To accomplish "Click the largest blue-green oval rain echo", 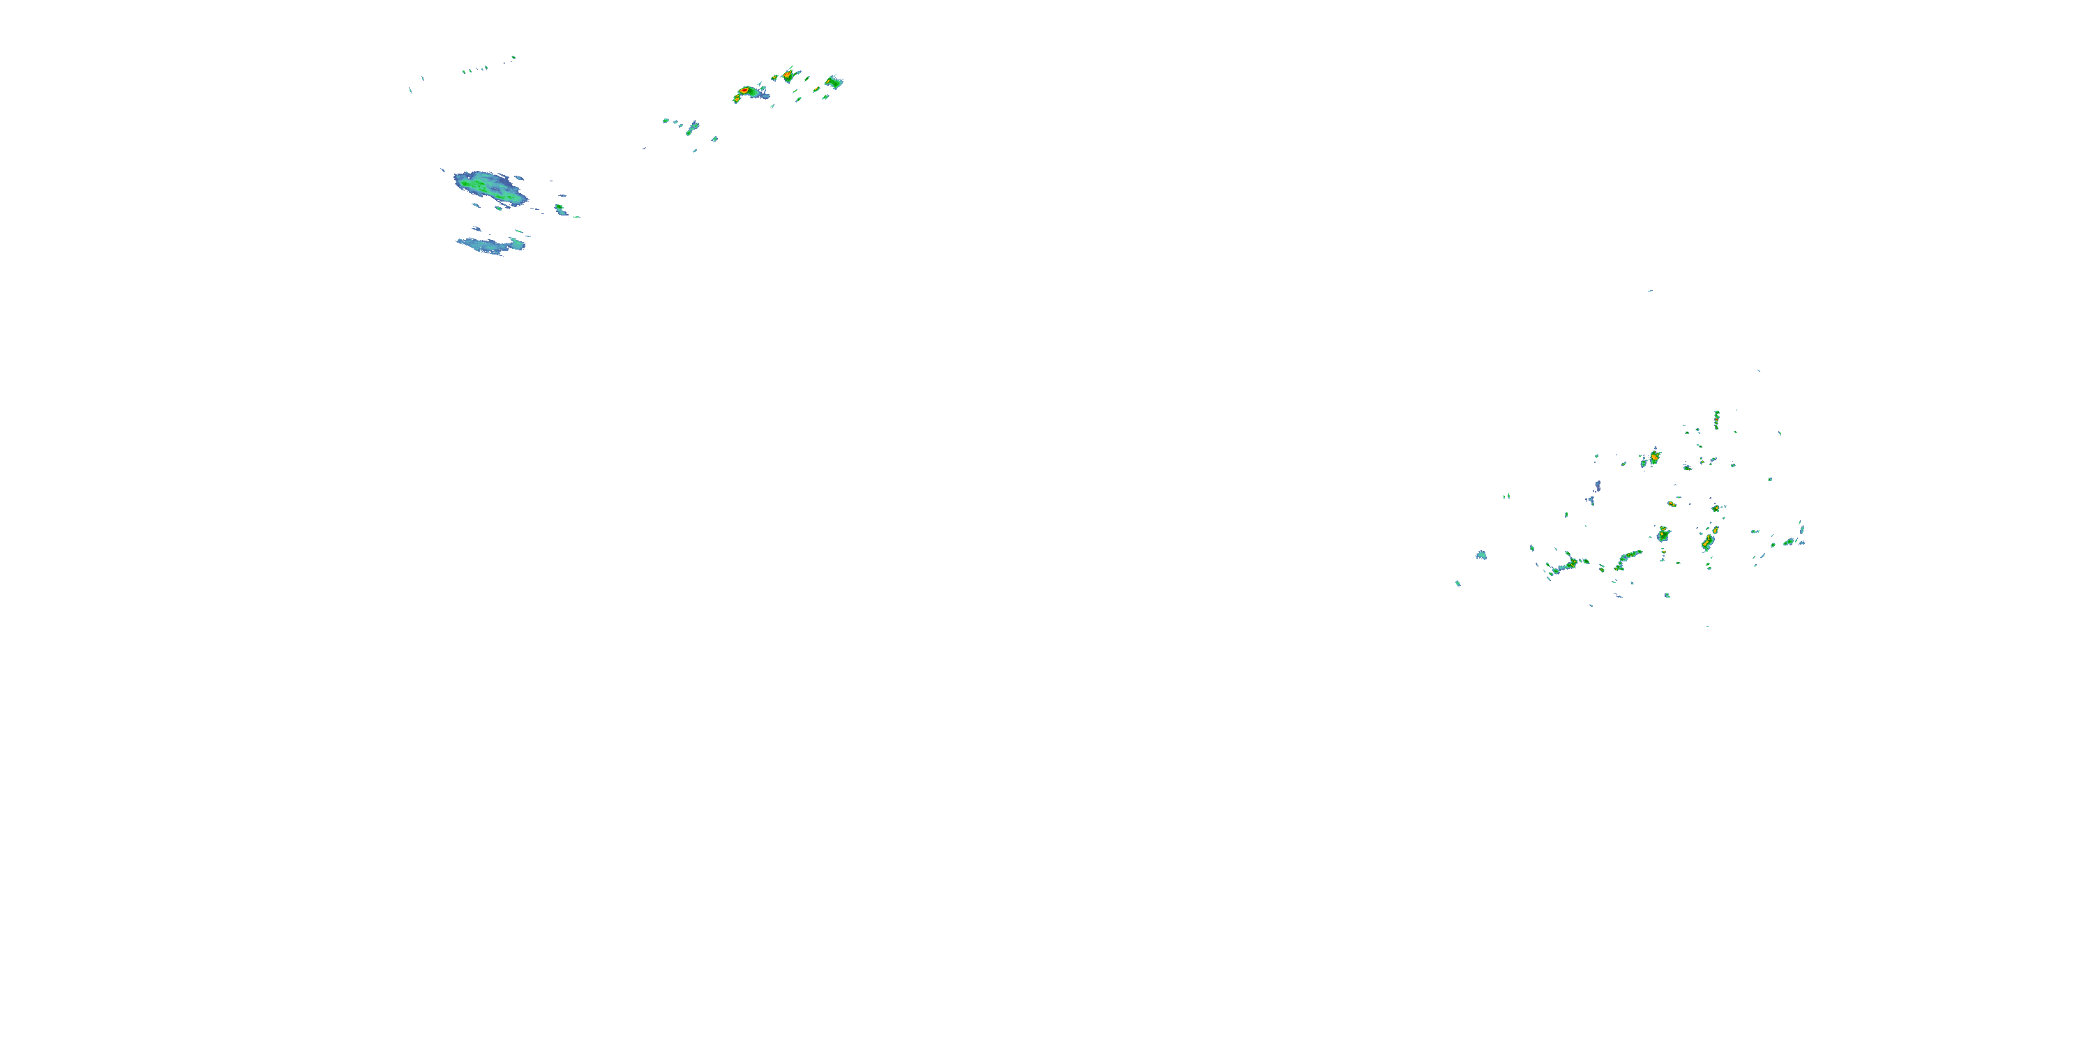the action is tap(489, 188).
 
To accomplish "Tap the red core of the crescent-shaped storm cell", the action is tap(744, 90).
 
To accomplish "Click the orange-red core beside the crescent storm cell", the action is tap(787, 75).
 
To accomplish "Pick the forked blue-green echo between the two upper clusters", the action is tap(691, 127).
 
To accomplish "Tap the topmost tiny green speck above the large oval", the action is tap(513, 58).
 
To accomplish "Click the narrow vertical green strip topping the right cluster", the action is tap(1717, 419).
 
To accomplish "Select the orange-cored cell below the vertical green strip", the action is tap(1654, 458).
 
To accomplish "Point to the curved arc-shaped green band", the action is tap(1628, 559).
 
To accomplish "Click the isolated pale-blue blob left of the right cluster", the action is tap(1481, 556).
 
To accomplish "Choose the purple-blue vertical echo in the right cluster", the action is tap(1596, 487).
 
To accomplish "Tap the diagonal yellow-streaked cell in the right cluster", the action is tap(1709, 538).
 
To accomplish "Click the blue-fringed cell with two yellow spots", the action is tap(1663, 534).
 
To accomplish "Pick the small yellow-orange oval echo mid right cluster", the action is tap(1672, 504).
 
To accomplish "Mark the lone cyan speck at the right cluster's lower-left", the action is tap(1457, 583).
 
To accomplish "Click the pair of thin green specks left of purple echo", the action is tap(1507, 495).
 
